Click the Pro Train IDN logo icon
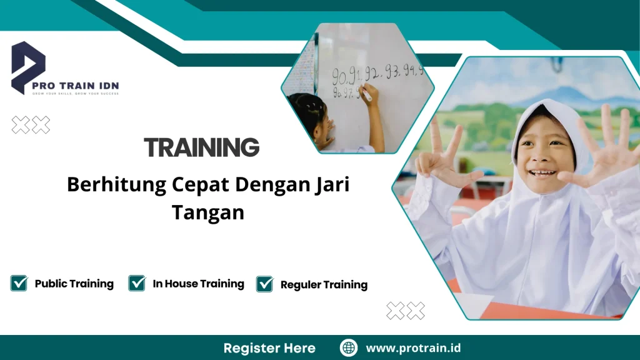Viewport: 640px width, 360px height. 28,66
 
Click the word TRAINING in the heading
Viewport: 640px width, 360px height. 201,147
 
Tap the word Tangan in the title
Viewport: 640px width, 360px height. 207,212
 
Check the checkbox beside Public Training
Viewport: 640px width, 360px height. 19,283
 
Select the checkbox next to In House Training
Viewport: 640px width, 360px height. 137,283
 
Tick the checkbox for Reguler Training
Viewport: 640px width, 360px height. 265,284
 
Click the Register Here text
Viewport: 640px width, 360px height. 269,348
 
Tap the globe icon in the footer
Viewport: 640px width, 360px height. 348,348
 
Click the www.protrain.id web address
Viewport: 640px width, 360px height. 413,348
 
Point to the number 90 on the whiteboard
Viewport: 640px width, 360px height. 341,77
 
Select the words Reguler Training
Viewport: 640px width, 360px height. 324,285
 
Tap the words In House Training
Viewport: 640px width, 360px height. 198,284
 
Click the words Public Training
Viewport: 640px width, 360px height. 74,284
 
